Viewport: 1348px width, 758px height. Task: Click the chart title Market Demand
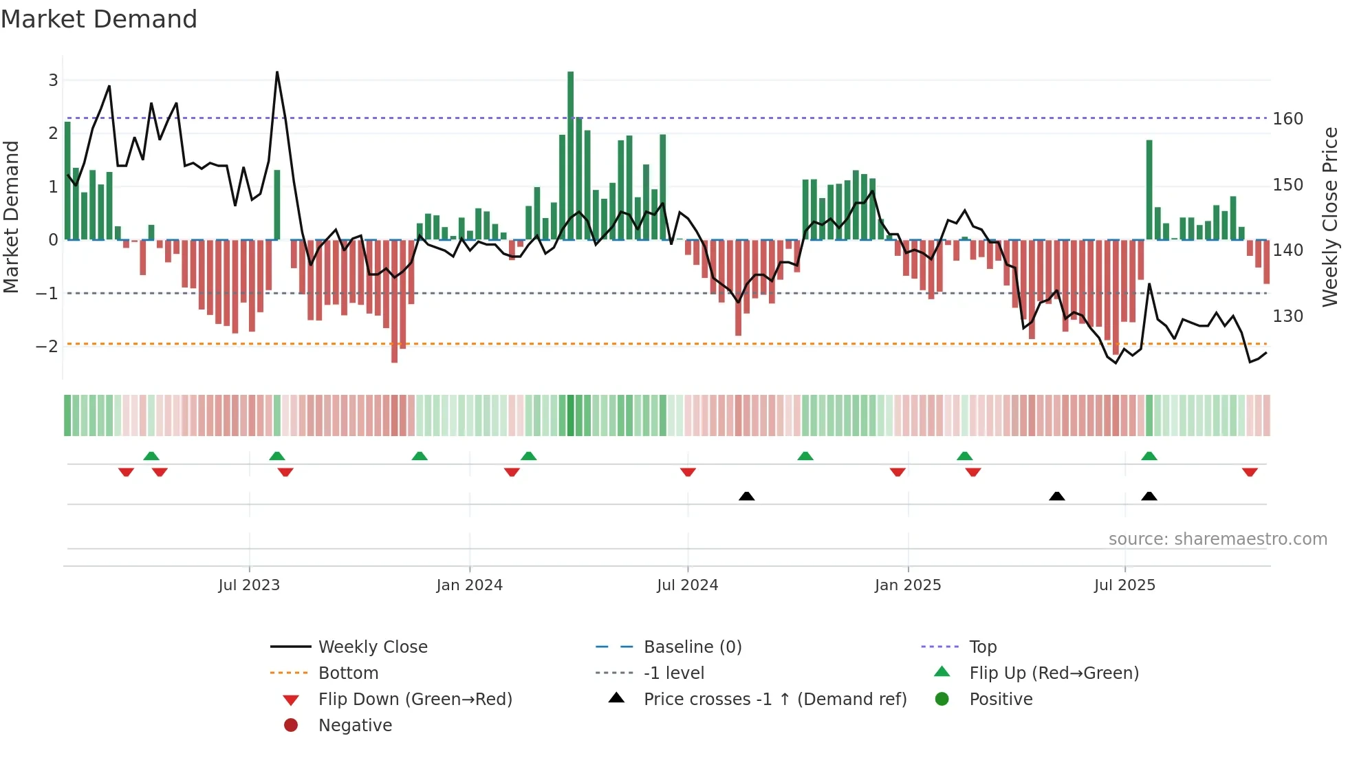(x=99, y=19)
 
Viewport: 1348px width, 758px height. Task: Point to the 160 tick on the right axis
(x=1287, y=119)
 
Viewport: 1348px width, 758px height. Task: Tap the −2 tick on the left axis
(x=47, y=346)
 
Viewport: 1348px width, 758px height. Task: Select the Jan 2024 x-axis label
(x=470, y=585)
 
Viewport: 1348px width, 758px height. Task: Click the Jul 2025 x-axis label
(x=1124, y=585)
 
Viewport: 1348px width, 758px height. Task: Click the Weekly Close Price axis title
(x=1330, y=217)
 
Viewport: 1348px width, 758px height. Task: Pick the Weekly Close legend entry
(x=372, y=647)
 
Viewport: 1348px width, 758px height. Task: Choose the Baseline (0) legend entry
(x=692, y=647)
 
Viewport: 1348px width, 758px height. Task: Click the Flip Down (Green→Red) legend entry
(x=415, y=699)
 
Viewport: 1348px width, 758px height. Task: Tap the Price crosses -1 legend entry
(x=774, y=699)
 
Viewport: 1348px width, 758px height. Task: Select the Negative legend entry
(x=355, y=725)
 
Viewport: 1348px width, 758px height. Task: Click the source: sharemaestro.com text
(x=1217, y=539)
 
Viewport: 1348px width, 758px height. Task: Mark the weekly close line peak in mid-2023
(x=277, y=72)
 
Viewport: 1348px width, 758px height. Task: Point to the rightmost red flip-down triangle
(x=1250, y=473)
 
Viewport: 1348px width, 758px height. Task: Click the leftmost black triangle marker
(x=746, y=496)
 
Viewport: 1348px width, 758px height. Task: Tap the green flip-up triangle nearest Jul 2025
(x=1149, y=455)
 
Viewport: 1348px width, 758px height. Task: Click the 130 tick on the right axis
(x=1287, y=316)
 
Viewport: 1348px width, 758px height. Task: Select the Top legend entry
(x=982, y=647)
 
